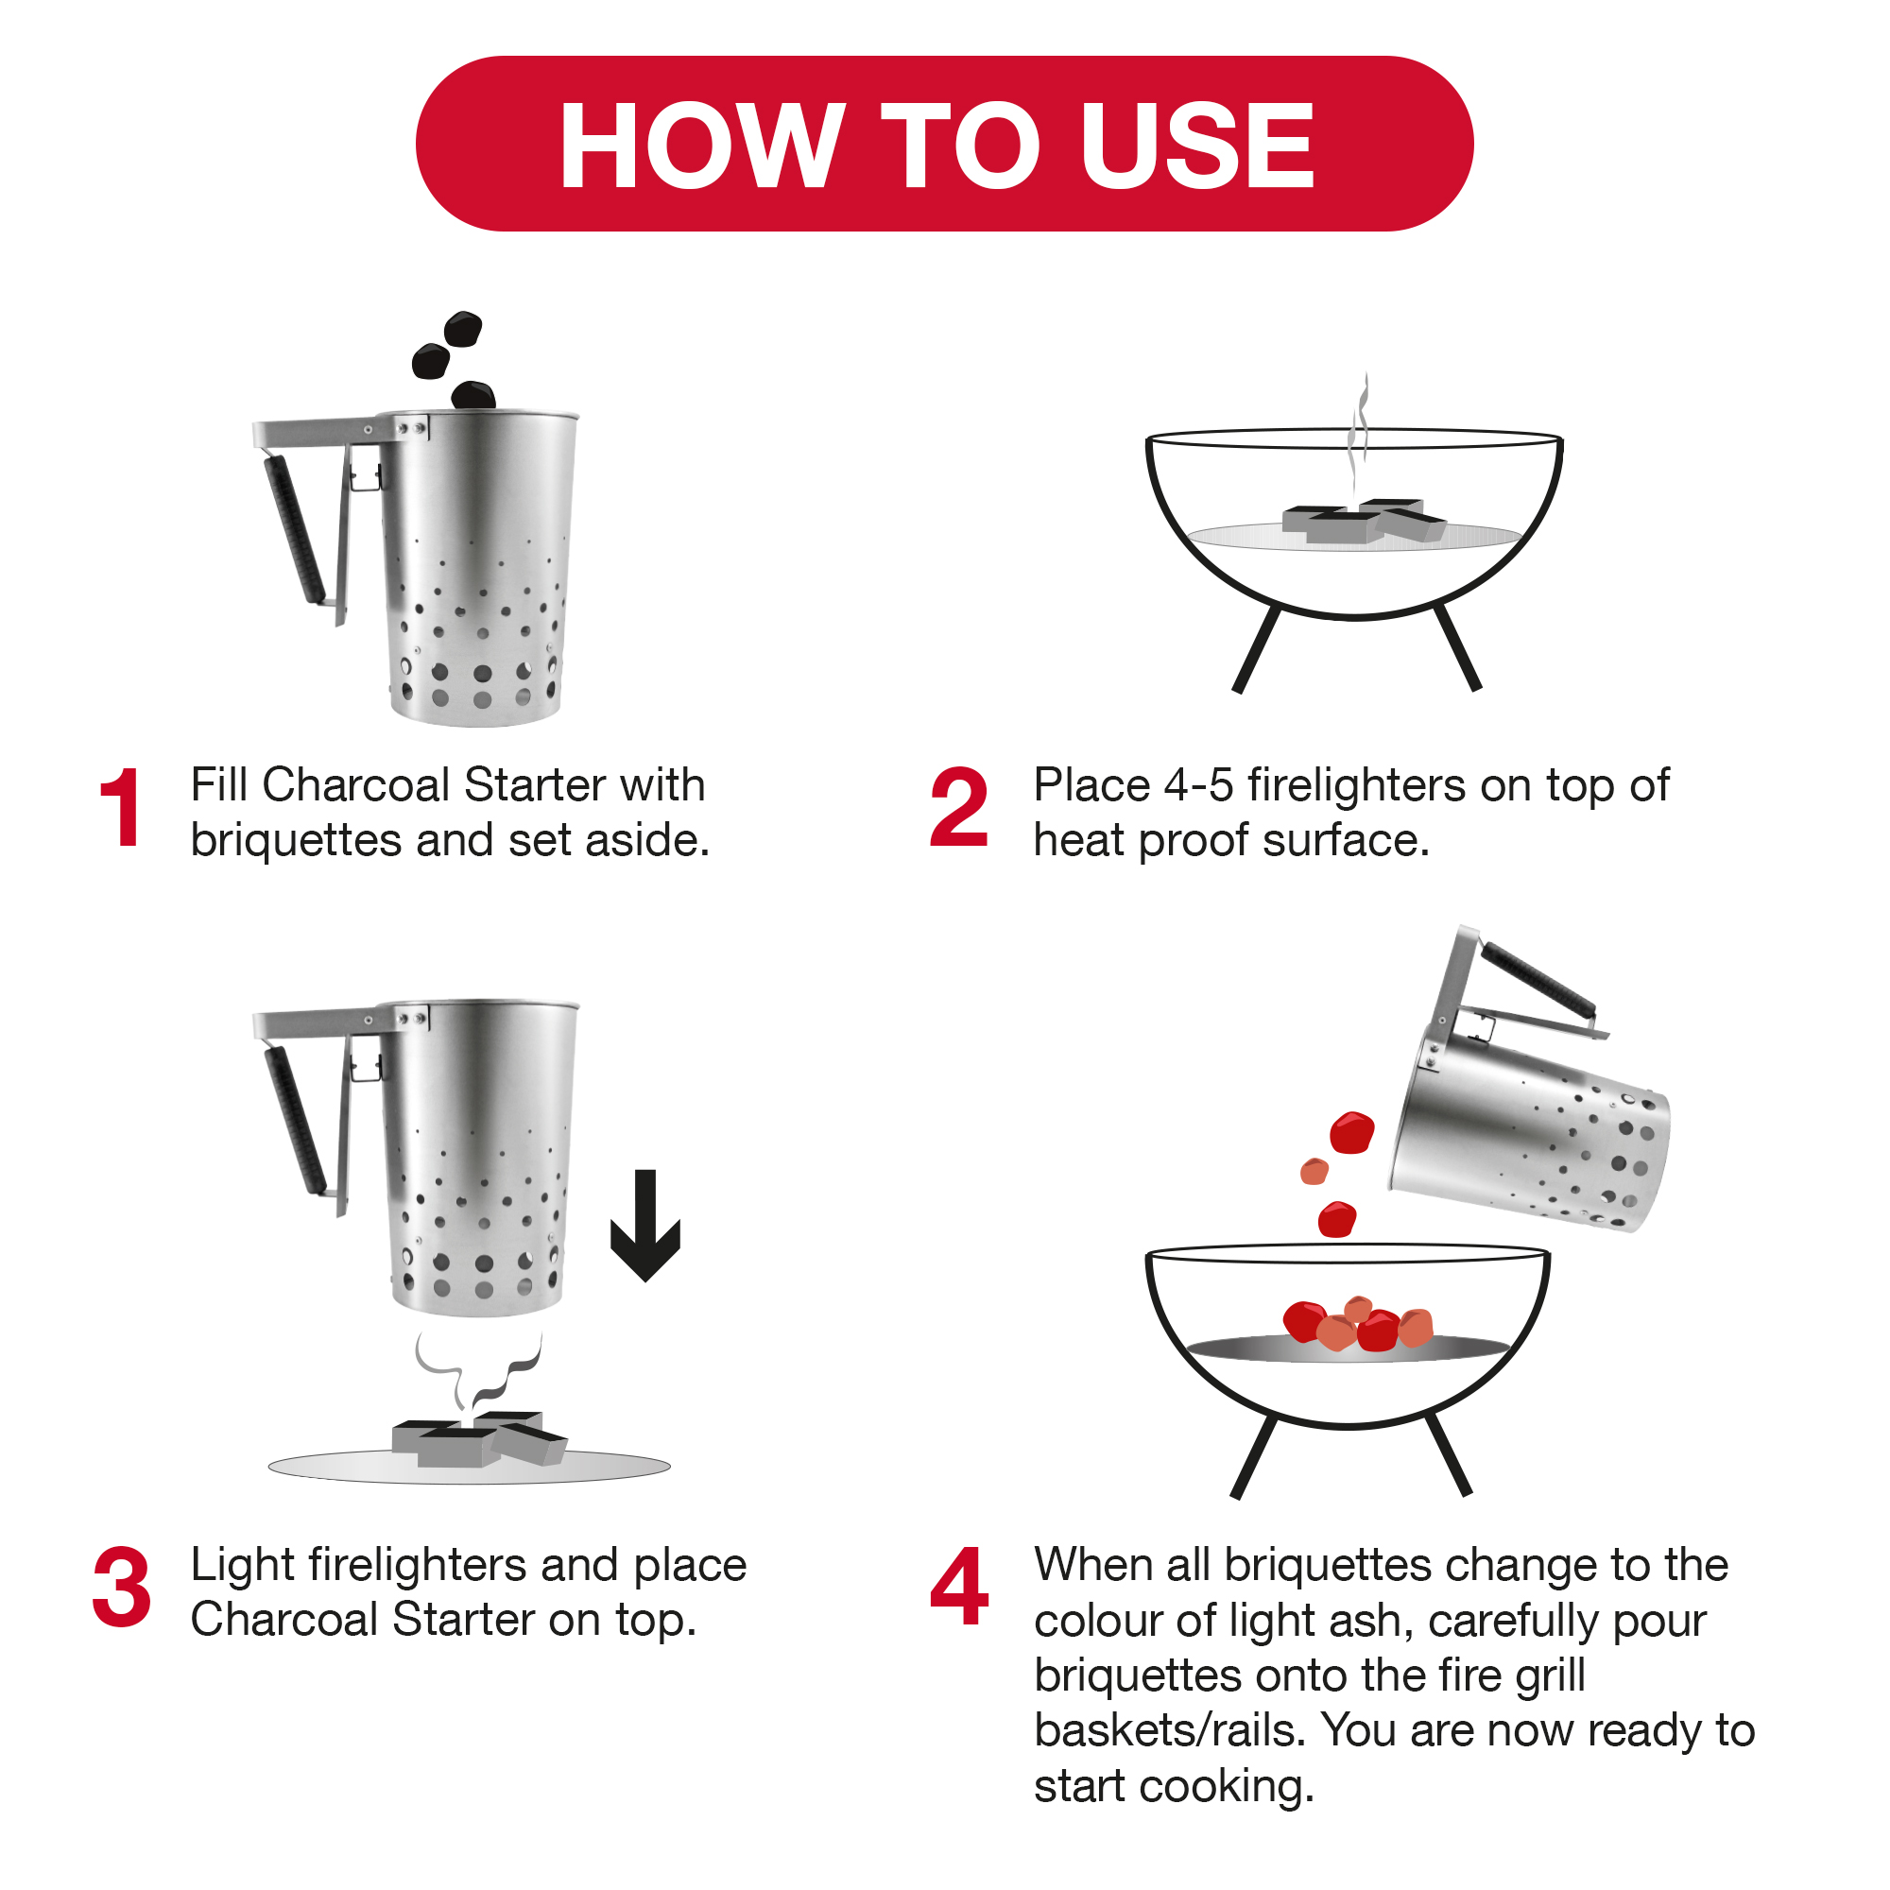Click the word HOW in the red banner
tap(700, 146)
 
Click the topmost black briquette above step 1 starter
tap(463, 329)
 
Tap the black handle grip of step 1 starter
tap(294, 528)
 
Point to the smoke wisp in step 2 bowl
tap(1359, 430)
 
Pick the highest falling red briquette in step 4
tap(1352, 1133)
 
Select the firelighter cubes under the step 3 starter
tap(478, 1440)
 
